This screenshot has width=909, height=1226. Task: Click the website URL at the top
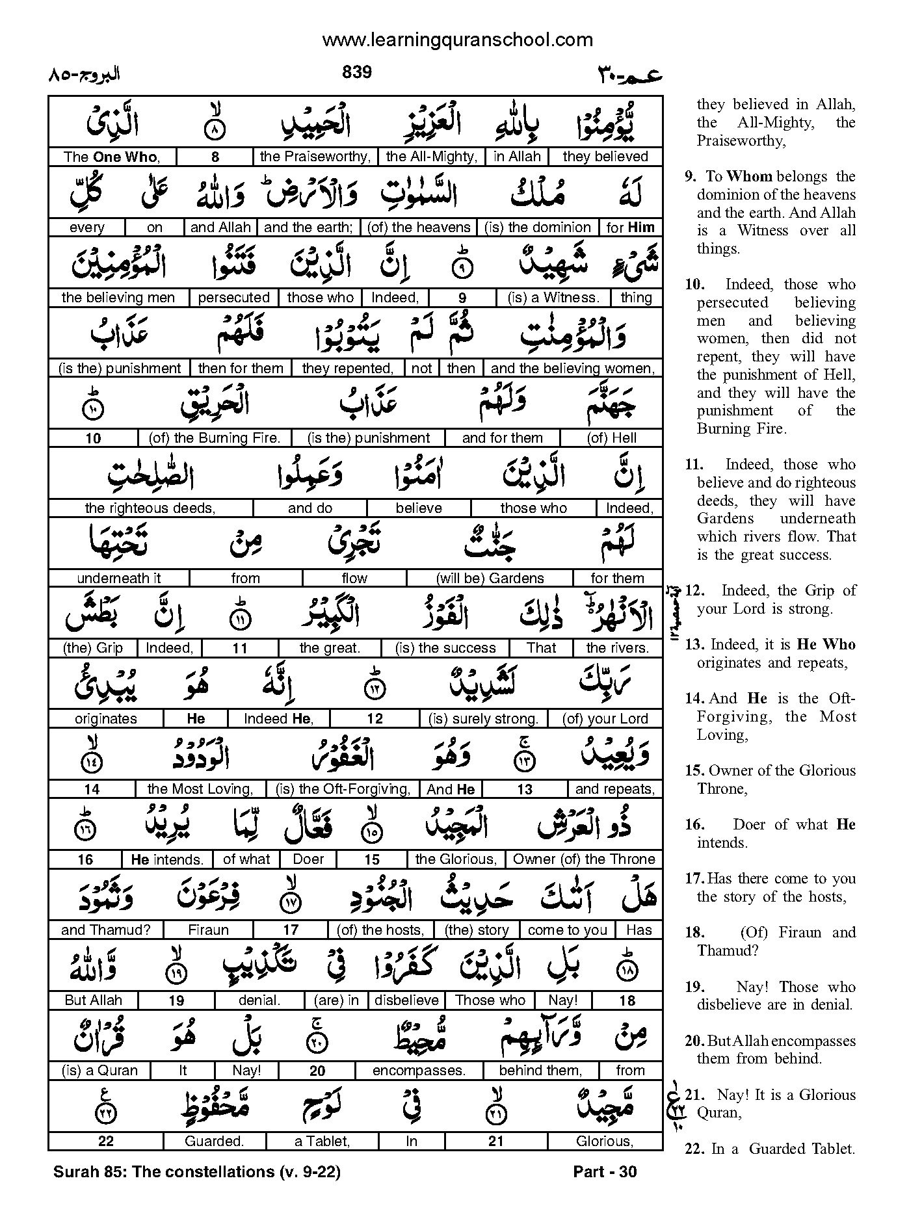(457, 40)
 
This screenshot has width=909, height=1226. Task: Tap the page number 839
(356, 72)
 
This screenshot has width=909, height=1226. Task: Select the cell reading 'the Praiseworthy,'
(315, 157)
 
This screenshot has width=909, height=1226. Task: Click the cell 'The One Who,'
(111, 157)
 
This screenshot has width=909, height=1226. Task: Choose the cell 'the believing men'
(118, 298)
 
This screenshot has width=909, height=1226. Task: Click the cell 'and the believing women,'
(572, 368)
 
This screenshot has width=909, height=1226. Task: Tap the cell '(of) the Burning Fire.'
(215, 438)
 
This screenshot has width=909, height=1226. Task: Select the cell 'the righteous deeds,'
(150, 508)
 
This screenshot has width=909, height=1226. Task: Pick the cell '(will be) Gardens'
(490, 579)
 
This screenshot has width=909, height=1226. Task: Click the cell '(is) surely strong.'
(483, 719)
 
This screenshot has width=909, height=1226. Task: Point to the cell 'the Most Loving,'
(200, 789)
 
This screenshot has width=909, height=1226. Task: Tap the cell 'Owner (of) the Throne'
(584, 859)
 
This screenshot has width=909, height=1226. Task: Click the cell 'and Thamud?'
(105, 930)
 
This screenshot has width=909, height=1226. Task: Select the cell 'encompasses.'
(419, 1071)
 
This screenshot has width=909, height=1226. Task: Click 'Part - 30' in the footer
(605, 1172)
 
